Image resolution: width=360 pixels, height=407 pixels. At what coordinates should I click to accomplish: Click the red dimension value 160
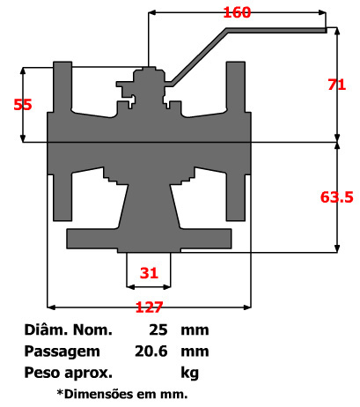(237, 12)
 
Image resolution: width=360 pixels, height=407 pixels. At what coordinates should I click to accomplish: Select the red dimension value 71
(335, 85)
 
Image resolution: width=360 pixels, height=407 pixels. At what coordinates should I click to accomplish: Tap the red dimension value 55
(23, 104)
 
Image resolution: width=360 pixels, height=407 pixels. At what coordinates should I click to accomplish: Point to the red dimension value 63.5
(336, 197)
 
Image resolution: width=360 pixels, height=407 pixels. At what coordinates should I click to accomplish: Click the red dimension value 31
(149, 273)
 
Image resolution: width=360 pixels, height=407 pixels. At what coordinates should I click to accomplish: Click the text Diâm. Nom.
(70, 331)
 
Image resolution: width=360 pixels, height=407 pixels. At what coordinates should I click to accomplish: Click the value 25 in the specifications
(159, 331)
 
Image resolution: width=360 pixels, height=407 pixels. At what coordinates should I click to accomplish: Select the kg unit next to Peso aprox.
(189, 371)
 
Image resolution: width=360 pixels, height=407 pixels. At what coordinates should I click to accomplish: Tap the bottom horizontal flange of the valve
(150, 237)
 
